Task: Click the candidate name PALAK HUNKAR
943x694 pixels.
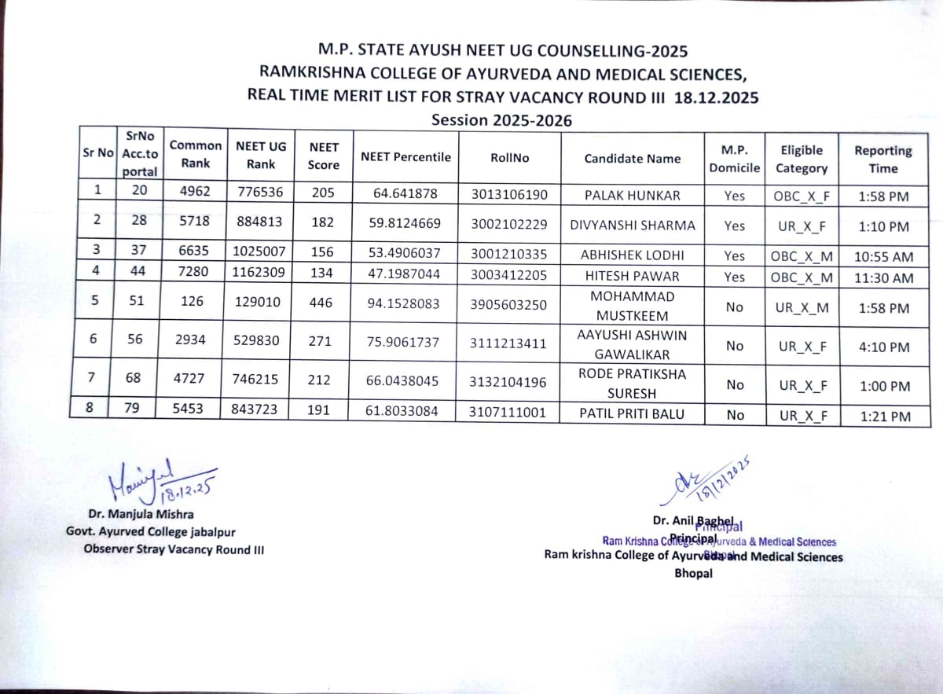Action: tap(632, 194)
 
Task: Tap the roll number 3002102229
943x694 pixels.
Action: tap(509, 226)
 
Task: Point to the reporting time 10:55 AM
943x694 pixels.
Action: tap(882, 256)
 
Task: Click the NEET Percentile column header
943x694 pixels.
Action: tap(405, 156)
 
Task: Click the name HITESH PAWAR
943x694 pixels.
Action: tap(632, 277)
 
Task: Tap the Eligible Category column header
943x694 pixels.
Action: tap(802, 159)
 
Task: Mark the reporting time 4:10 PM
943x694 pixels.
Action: tap(882, 347)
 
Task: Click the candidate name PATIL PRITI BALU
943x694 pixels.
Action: tap(631, 413)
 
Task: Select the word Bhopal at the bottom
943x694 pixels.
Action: tap(694, 573)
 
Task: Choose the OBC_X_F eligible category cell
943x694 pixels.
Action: tap(802, 196)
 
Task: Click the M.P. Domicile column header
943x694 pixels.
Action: tap(734, 159)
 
